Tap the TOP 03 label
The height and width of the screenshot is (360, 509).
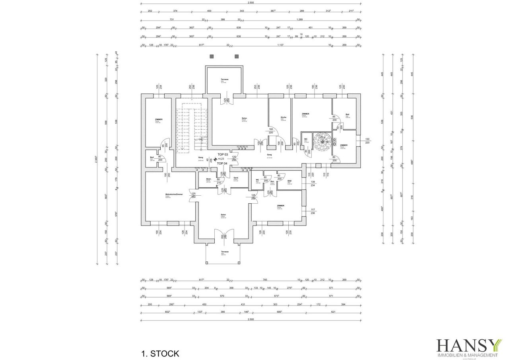(x=223, y=154)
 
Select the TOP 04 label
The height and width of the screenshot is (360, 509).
(x=222, y=163)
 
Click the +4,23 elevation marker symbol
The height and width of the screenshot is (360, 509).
(x=216, y=159)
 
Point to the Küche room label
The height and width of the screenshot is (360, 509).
(x=284, y=117)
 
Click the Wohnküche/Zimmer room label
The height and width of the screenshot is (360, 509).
(x=174, y=195)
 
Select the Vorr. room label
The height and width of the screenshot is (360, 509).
(x=272, y=182)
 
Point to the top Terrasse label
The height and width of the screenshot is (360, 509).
(x=225, y=80)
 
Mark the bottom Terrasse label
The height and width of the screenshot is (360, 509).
(x=225, y=252)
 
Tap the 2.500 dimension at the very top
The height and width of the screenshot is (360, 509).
(x=251, y=3)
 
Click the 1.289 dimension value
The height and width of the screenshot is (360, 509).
(x=302, y=19)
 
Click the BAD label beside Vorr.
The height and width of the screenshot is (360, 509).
(x=289, y=181)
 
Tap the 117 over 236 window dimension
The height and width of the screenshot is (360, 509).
(x=313, y=211)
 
